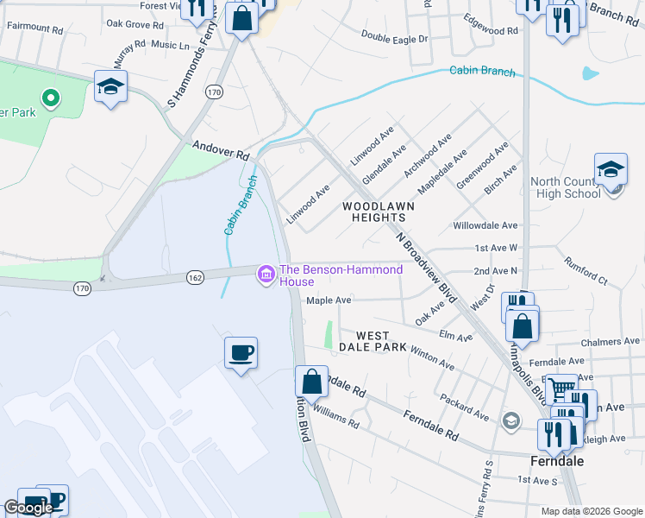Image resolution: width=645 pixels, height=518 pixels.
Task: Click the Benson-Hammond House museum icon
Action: pyautogui.click(x=266, y=275)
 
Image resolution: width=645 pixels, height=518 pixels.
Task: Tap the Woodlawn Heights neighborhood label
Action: pyautogui.click(x=379, y=212)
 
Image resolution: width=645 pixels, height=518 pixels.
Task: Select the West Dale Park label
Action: pyautogui.click(x=373, y=341)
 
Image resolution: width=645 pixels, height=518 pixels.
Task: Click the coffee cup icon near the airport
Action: pyautogui.click(x=241, y=351)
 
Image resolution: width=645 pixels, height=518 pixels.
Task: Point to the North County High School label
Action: pyautogui.click(x=565, y=187)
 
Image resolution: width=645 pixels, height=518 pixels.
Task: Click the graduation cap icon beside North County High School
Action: pyautogui.click(x=611, y=169)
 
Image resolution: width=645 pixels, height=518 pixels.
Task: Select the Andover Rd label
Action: pyautogui.click(x=221, y=151)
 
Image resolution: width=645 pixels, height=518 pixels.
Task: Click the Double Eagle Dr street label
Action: pyautogui.click(x=394, y=38)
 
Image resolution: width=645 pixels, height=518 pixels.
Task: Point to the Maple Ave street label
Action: pyautogui.click(x=329, y=300)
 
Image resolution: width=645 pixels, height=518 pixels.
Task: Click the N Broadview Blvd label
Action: pyautogui.click(x=425, y=268)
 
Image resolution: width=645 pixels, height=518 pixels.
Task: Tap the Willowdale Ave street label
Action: pyautogui.click(x=485, y=225)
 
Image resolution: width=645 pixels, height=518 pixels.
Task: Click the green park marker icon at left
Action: pyautogui.click(x=51, y=98)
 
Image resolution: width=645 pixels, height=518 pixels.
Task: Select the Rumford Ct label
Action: pyautogui.click(x=586, y=270)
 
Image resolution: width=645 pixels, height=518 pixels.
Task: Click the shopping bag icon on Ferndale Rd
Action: pyautogui.click(x=311, y=381)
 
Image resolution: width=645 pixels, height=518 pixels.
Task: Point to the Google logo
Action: pyautogui.click(x=28, y=508)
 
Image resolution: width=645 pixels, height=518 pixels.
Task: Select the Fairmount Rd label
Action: pyautogui.click(x=35, y=28)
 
